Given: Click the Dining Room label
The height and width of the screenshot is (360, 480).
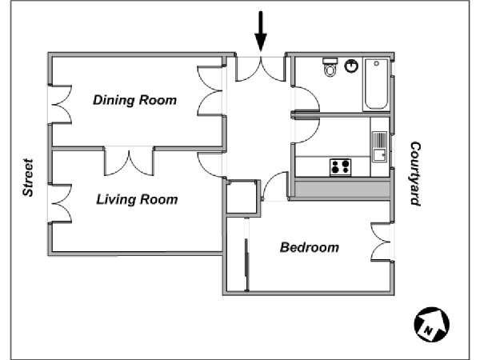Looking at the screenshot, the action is pos(134,101).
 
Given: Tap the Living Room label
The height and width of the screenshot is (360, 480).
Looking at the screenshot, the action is pos(137,199).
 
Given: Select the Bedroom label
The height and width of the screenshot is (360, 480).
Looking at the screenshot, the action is pos(310,247).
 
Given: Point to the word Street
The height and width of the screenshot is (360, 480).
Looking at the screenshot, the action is pos(28,178).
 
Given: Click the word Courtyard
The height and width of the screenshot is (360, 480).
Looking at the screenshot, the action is pos(415,174).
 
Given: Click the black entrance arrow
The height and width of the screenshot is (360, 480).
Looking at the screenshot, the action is pos(261,31).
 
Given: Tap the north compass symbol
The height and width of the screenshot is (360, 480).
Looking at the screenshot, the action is pos(431,325).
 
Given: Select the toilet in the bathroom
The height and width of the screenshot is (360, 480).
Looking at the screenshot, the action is pos(330,66).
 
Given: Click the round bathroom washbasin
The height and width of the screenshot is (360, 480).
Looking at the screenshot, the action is pos(351,66).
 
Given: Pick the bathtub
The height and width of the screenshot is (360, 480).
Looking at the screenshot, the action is pos(376,84).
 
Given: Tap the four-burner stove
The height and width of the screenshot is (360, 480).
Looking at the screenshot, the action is pos(341,167).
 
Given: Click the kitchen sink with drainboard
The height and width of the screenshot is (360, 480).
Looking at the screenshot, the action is pos(379,146).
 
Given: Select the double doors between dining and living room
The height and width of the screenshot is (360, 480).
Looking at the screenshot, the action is pos(129,162).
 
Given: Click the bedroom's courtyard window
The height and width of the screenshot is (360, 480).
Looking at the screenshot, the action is pos(382,242).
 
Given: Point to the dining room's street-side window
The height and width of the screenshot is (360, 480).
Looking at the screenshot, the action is pos(60,104).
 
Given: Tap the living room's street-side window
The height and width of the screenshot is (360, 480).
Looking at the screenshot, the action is pos(60,203).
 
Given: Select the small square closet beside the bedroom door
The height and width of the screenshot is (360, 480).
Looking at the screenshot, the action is pos(242,197).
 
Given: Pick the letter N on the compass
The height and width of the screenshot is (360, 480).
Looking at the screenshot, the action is pos(429,330).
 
